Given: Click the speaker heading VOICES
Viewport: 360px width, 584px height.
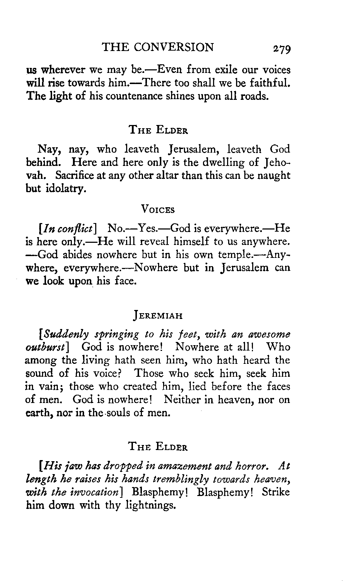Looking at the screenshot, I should [158, 209].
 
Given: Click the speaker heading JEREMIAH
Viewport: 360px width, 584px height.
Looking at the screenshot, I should [158, 316].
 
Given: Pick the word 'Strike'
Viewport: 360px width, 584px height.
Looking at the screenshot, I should [276, 492].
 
